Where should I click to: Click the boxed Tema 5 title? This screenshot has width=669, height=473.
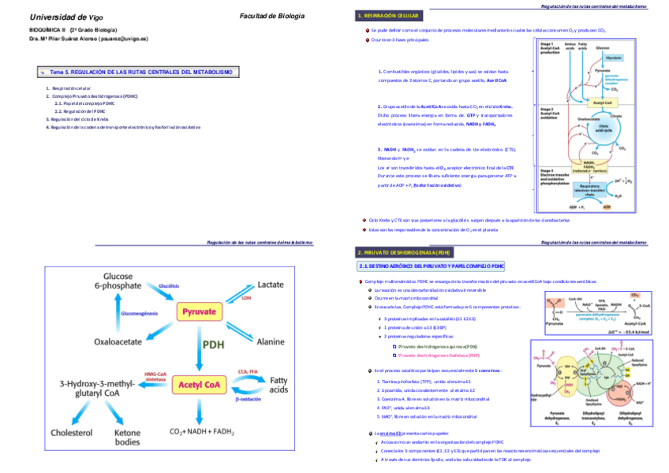pos(140,72)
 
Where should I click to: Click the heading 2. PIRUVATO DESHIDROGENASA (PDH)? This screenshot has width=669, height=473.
pos(404,252)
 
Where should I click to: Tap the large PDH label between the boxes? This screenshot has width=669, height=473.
pos(214,345)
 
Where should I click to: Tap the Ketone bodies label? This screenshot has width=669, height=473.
pos(128,437)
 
